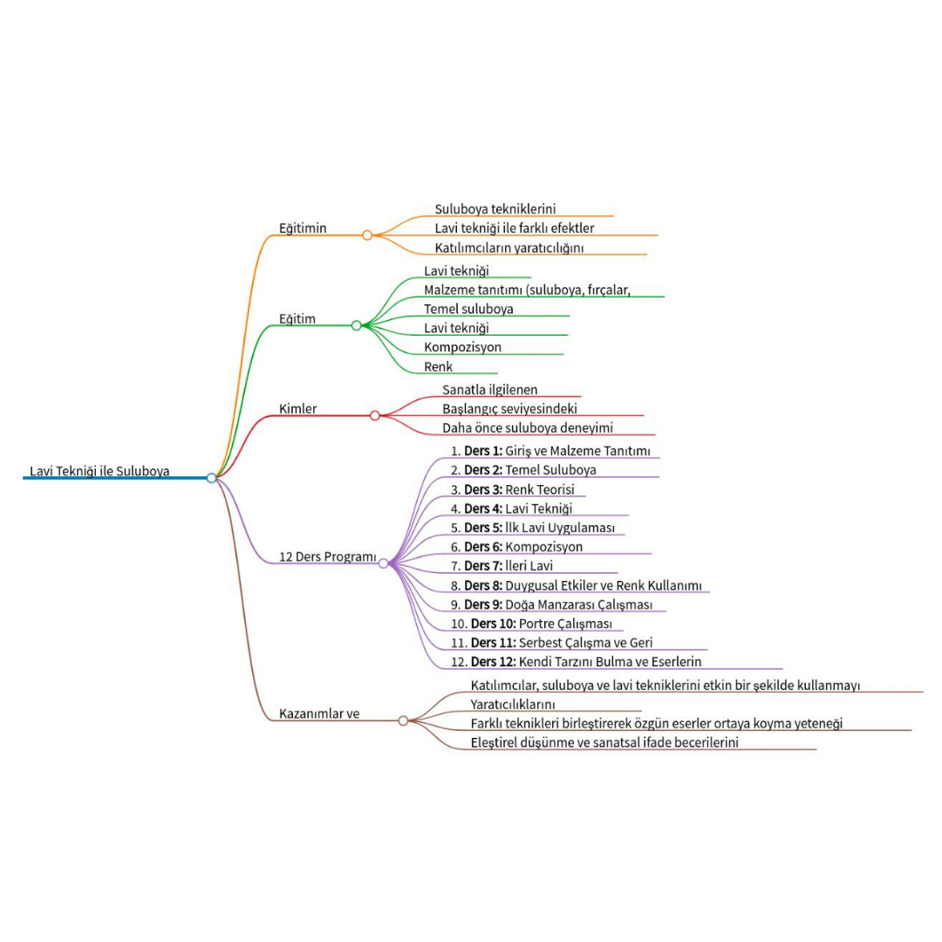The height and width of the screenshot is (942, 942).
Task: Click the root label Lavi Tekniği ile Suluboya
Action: click(99, 472)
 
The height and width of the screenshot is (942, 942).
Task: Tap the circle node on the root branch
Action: click(211, 478)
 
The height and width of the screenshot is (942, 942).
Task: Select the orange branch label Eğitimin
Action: click(303, 229)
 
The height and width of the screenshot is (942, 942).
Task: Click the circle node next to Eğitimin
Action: click(367, 235)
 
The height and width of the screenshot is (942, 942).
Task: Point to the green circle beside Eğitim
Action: click(356, 325)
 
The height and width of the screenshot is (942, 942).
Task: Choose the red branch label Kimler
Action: click(297, 409)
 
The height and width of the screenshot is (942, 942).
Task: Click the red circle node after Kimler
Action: click(375, 415)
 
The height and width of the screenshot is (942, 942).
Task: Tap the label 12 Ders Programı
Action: click(327, 556)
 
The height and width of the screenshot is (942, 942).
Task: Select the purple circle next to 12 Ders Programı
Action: click(383, 563)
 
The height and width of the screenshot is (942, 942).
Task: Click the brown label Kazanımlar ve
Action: click(319, 713)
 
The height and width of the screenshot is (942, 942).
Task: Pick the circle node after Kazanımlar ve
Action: click(403, 720)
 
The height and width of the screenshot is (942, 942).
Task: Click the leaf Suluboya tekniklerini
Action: click(495, 209)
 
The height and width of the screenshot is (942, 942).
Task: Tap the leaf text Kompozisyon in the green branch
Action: click(462, 347)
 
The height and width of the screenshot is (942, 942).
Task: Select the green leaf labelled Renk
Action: click(439, 367)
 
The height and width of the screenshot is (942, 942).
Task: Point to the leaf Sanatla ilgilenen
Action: click(490, 389)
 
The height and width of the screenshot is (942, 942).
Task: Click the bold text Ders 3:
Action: click(483, 489)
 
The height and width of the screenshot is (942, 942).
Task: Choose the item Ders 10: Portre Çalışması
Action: click(537, 624)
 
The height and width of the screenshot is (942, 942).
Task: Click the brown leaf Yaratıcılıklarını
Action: click(513, 704)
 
